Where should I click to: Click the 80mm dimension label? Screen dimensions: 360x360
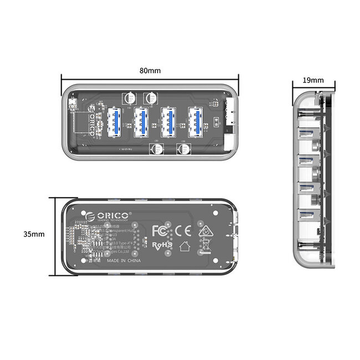150,70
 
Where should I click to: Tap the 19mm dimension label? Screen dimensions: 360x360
313,80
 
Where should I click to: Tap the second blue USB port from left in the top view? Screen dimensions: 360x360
142,121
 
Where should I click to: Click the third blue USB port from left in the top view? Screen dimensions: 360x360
169,121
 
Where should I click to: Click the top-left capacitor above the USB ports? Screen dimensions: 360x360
130,97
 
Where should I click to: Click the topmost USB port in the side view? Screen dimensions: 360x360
306,133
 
